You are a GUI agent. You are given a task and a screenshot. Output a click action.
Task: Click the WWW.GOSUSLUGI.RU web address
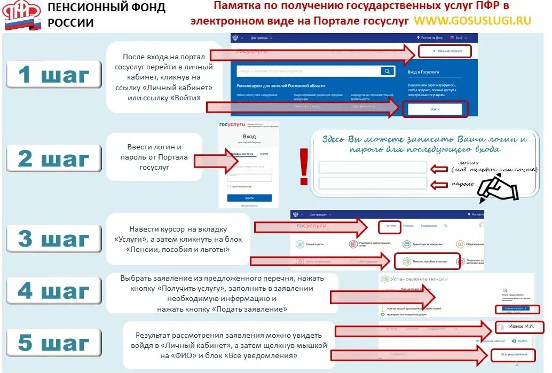pyautogui.click(x=472, y=20)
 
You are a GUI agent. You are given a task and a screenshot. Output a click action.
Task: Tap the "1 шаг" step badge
pyautogui.click(x=54, y=75)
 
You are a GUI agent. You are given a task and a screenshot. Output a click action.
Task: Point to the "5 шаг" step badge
pyautogui.click(x=54, y=342)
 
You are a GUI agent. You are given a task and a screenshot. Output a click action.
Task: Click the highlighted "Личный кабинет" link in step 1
pyautogui.click(x=444, y=51)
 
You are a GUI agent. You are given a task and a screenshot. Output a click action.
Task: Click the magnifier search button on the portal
pyautogui.click(x=387, y=72)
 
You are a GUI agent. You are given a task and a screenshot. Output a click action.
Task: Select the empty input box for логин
pyautogui.click(x=373, y=168)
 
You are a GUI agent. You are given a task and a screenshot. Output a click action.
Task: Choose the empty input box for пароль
pyautogui.click(x=373, y=184)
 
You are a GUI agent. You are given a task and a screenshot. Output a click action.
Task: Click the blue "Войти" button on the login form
pyautogui.click(x=249, y=197)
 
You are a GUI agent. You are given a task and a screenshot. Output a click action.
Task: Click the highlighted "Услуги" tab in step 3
pyautogui.click(x=391, y=226)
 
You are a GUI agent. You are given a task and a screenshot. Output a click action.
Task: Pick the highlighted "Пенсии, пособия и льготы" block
pyautogui.click(x=425, y=261)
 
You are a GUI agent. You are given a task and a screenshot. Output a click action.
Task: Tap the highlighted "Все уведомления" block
pyautogui.click(x=513, y=354)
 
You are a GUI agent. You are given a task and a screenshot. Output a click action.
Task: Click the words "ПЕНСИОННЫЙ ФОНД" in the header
pyautogui.click(x=106, y=8)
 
